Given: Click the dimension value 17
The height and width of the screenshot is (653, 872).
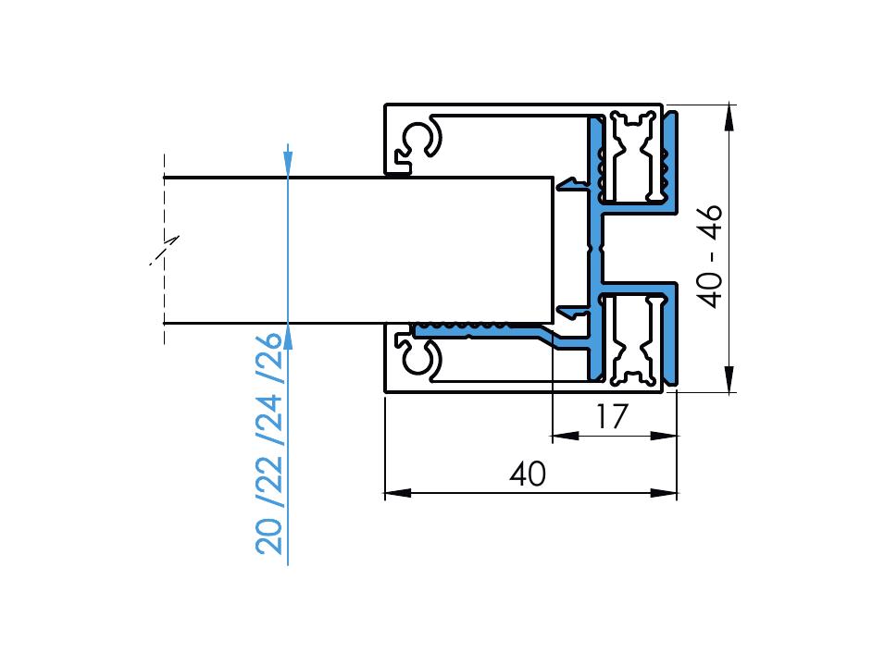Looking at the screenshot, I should click(x=610, y=417).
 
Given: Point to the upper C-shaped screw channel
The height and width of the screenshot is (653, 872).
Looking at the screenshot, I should click(x=424, y=140).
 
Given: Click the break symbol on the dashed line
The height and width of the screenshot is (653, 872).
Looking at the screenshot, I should click(x=165, y=250).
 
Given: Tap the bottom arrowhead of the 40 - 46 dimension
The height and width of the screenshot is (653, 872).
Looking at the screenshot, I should click(x=729, y=379).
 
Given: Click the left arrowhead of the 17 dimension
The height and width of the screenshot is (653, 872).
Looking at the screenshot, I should click(x=565, y=435).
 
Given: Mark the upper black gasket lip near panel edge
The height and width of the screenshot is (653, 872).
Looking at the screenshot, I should click(x=574, y=183).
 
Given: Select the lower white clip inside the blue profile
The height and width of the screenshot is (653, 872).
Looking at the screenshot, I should click(x=633, y=339).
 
